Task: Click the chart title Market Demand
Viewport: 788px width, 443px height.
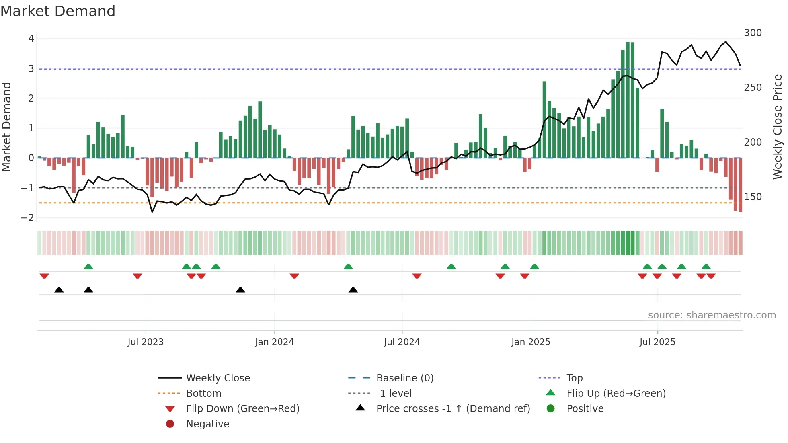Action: click(x=58, y=11)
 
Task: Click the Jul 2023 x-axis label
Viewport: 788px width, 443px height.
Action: click(x=146, y=342)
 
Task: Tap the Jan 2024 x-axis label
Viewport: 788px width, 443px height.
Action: click(x=275, y=342)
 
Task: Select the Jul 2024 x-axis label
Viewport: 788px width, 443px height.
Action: click(x=402, y=342)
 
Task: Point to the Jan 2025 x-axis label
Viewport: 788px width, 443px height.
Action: click(x=531, y=342)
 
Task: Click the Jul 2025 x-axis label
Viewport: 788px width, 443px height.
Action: click(x=658, y=342)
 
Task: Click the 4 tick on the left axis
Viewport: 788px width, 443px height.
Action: click(x=31, y=39)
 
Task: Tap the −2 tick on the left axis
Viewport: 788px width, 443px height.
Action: click(x=28, y=218)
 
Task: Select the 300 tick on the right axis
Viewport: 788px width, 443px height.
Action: click(x=753, y=33)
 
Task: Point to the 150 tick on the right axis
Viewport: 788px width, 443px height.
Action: click(x=753, y=197)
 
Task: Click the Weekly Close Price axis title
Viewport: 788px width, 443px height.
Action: click(x=778, y=127)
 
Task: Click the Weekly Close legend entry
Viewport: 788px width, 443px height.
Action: click(x=218, y=378)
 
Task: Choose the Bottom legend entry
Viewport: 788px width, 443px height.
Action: click(x=203, y=394)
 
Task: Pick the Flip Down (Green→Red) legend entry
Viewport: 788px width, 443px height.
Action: click(x=242, y=409)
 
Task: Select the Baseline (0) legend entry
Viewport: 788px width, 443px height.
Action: click(x=405, y=378)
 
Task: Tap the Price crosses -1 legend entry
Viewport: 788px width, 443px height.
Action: click(x=453, y=409)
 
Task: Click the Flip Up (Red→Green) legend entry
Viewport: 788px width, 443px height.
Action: click(x=616, y=394)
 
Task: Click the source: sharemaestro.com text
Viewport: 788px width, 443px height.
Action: click(x=712, y=315)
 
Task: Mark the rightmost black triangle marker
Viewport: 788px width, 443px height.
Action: click(x=353, y=290)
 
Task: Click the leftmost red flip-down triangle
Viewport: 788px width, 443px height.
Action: click(x=44, y=276)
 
